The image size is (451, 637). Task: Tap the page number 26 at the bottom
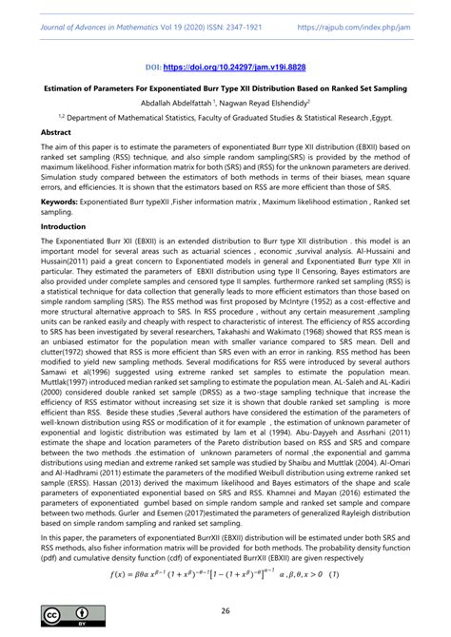coord(225,610)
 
